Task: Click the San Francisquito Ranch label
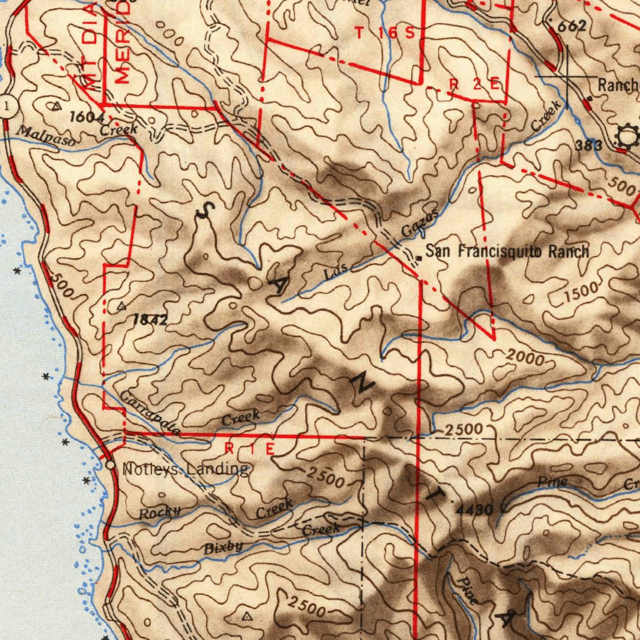(x=507, y=252)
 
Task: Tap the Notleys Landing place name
(x=186, y=469)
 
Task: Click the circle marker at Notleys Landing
(x=110, y=466)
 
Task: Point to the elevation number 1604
(x=86, y=116)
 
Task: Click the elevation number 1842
(x=150, y=320)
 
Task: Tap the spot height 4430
(x=475, y=510)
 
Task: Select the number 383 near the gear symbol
(x=589, y=145)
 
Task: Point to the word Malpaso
(x=45, y=137)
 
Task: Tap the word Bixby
(x=223, y=547)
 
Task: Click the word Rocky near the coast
(x=159, y=512)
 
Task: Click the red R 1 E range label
(x=249, y=449)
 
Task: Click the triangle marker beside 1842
(x=121, y=306)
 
